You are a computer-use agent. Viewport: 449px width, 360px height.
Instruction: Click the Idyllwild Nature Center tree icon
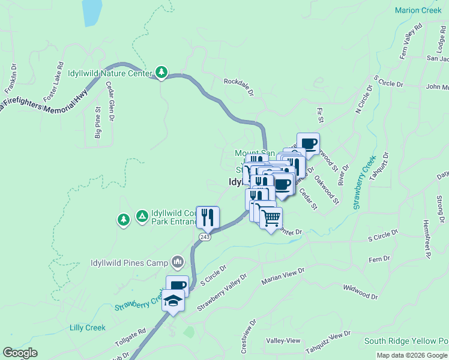coord(161,73)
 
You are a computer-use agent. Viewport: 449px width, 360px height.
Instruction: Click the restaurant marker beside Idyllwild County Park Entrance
coord(208,217)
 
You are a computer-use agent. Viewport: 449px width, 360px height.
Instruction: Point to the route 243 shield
coord(205,238)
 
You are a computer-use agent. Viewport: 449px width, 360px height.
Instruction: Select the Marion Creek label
coord(418,10)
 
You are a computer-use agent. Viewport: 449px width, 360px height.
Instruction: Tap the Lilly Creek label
coord(88,328)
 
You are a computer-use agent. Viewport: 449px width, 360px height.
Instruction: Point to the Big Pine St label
coord(98,123)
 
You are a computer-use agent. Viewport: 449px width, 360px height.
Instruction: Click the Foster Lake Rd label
coord(53,81)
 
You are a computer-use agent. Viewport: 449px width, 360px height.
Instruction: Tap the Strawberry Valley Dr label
coord(222,292)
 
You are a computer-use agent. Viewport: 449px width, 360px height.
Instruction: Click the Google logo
coord(20,353)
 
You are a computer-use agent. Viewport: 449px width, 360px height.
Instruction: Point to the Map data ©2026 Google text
coord(412,355)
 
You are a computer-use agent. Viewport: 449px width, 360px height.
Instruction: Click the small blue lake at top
coord(91,12)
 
